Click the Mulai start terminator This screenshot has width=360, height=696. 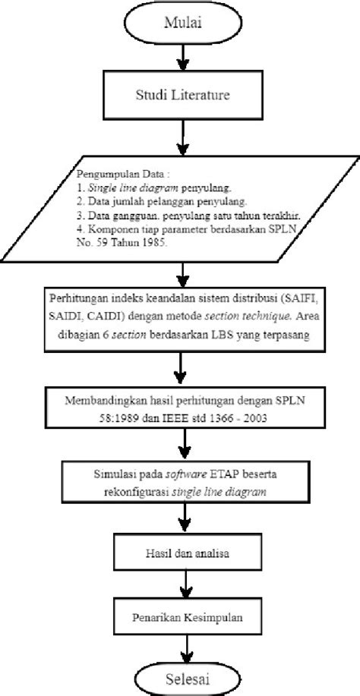click(181, 24)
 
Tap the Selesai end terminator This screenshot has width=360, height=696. click(181, 675)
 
